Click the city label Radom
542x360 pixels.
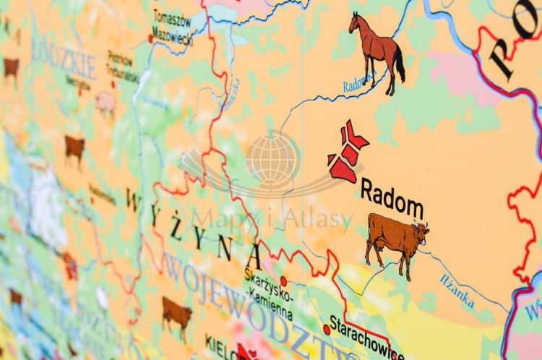(392, 198)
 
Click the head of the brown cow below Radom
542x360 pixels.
(420, 233)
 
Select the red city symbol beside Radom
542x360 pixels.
(346, 153)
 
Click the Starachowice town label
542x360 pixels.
(366, 337)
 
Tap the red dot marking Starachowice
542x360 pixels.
(327, 330)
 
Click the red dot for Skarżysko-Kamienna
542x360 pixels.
(283, 281)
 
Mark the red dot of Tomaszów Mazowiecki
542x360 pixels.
(151, 38)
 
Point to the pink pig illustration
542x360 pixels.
(106, 103)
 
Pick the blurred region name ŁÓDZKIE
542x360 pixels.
(64, 61)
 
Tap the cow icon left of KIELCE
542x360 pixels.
(176, 314)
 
